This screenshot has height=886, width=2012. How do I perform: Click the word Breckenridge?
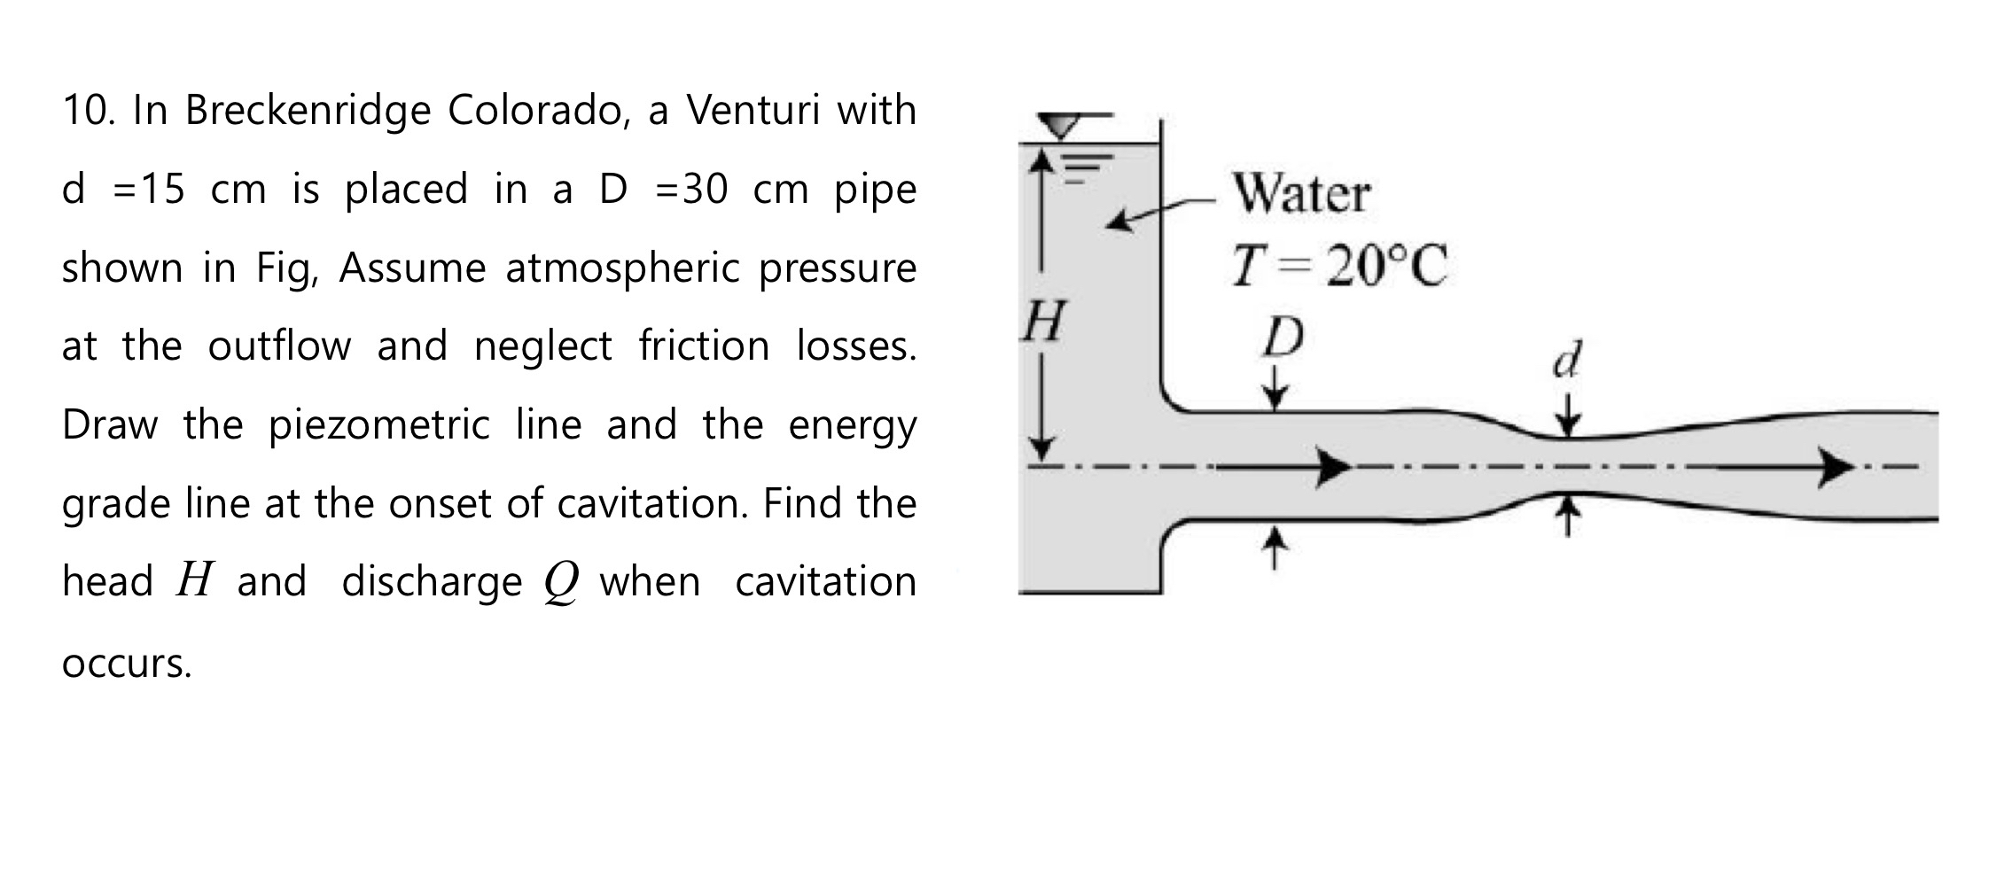click(x=307, y=111)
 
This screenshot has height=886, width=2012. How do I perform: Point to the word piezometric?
click(x=379, y=425)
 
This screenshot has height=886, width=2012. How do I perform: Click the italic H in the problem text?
click(x=195, y=581)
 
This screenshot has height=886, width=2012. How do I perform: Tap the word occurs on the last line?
click(x=127, y=664)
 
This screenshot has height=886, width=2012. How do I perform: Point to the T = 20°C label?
click(x=1339, y=266)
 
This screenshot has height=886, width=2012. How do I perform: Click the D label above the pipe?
click(x=1283, y=338)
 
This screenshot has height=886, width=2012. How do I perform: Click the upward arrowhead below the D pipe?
click(x=1274, y=537)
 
